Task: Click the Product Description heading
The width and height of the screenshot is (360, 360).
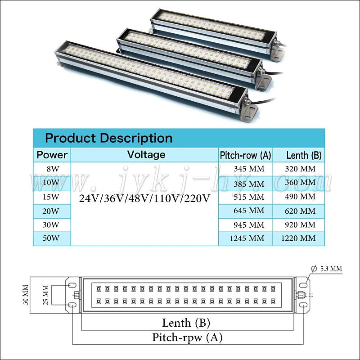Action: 108,138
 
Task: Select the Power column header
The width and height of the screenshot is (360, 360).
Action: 52,155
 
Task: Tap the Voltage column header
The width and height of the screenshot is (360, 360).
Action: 146,155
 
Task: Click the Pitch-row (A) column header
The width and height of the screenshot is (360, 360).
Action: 245,156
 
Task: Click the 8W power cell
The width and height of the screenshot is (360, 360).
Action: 52,169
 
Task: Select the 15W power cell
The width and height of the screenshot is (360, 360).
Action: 52,197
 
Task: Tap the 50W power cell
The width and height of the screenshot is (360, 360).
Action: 52,238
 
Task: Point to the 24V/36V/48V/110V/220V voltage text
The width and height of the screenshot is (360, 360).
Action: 144,198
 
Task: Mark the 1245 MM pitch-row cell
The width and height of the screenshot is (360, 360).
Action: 246,238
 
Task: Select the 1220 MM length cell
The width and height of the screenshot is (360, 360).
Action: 298,238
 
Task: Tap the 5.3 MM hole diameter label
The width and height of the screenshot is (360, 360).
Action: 331,269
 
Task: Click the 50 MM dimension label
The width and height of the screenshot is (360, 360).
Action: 26,295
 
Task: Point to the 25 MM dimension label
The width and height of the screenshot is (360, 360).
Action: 45,295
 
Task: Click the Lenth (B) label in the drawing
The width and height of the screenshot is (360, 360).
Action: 186,323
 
